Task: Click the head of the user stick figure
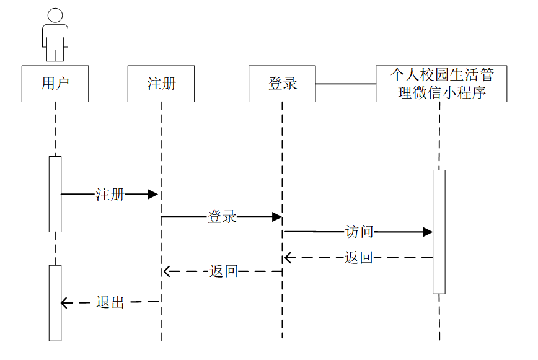point(55,16)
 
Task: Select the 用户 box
point(55,84)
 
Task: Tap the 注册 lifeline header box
point(161,84)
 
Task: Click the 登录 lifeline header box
point(283,84)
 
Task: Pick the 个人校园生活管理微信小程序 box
point(441,84)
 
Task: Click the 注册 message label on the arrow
point(110,195)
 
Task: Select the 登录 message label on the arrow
point(222,217)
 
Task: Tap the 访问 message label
point(359,232)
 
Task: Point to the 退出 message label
point(110,303)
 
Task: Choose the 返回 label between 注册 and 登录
point(223,271)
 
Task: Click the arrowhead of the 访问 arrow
point(428,232)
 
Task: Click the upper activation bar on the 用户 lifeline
point(55,194)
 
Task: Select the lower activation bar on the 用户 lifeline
point(55,302)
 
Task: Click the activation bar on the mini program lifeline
point(439,231)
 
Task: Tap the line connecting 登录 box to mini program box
point(346,84)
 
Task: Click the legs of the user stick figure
point(55,53)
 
